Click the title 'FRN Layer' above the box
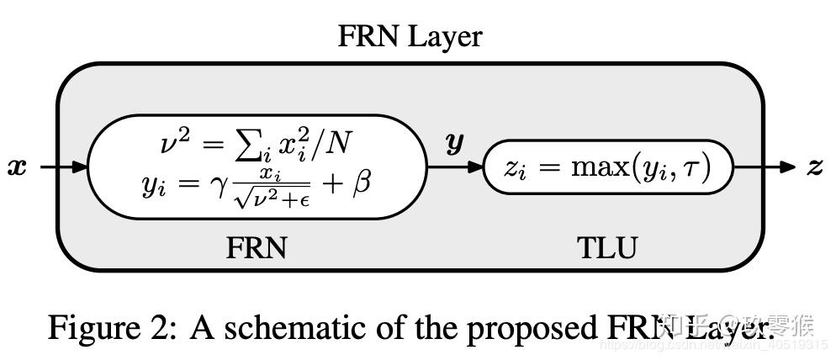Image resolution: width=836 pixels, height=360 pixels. tap(410, 36)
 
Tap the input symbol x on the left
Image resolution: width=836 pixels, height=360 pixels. tap(17, 167)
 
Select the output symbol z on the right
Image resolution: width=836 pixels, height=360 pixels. tap(814, 167)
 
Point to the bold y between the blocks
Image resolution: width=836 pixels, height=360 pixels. tap(454, 143)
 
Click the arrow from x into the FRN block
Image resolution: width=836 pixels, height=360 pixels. tap(63, 167)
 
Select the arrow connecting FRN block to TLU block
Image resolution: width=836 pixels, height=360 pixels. tap(455, 167)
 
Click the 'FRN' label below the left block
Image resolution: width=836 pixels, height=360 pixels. tap(257, 248)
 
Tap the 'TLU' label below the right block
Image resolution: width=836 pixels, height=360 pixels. tap(607, 248)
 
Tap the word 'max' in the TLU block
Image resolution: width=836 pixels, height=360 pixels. tap(595, 168)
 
